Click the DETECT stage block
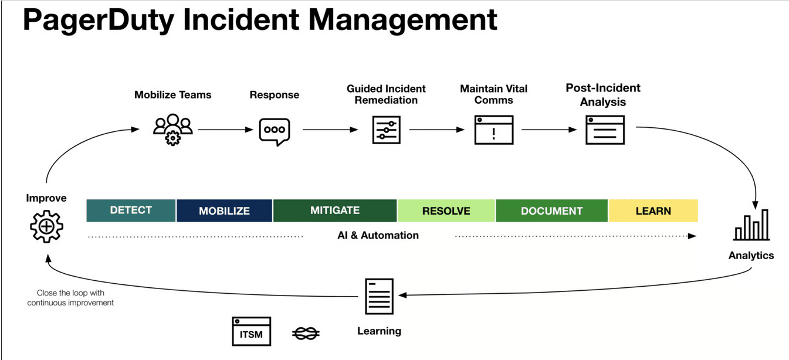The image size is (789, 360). coord(131,210)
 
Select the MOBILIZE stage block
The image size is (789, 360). coord(224,210)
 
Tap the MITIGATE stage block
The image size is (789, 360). coord(335,210)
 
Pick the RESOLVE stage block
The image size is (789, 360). coord(446,210)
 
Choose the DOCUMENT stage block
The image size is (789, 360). coord(551,210)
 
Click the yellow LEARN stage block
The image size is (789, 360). coord(653,210)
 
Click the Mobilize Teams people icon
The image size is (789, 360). coord(173,130)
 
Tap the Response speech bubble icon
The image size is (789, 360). coord(275,132)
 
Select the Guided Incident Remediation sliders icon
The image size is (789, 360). coord(387,130)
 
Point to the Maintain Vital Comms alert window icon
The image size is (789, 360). coord(494,130)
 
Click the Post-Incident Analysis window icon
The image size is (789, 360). coord(605,130)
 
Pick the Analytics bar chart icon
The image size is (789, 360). coord(751,225)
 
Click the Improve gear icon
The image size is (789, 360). coord(46,226)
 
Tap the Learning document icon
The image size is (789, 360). coord(380,296)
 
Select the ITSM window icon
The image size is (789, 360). coord(252,331)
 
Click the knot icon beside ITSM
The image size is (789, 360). coord(306,333)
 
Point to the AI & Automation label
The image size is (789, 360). coord(378,235)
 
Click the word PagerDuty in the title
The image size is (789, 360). coord(99,20)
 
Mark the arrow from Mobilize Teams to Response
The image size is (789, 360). coord(225,130)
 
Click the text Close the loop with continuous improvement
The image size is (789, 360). coord(70,298)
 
